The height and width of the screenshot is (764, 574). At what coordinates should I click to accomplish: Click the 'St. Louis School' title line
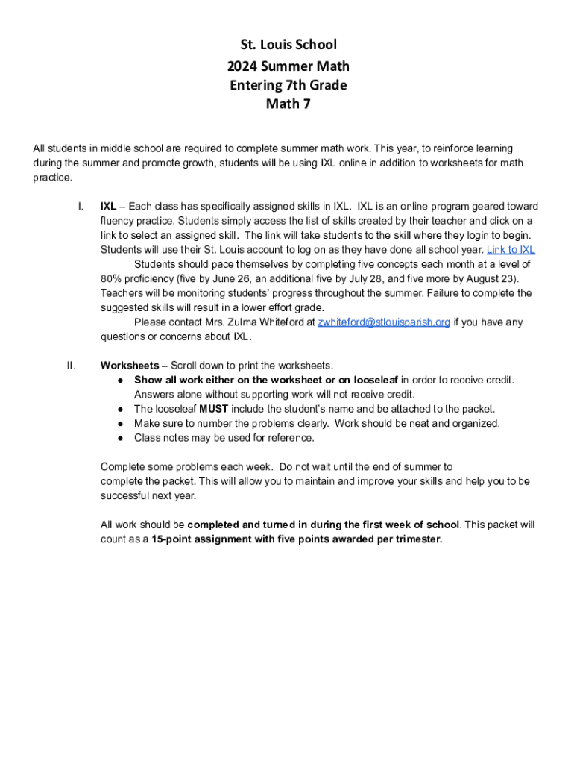click(288, 46)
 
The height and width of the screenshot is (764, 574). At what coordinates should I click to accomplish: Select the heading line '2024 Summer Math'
click(288, 66)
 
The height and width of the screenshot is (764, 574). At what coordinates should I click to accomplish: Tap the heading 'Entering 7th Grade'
click(288, 85)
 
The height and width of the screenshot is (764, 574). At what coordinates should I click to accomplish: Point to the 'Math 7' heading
click(288, 104)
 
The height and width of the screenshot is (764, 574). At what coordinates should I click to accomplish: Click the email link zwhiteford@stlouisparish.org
click(384, 322)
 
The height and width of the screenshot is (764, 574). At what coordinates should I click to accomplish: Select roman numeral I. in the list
click(80, 207)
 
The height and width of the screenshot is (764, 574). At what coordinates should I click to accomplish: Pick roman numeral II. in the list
click(72, 366)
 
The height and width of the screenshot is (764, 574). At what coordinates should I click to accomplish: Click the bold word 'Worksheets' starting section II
click(130, 366)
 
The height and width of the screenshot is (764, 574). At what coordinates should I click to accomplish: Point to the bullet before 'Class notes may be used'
click(120, 438)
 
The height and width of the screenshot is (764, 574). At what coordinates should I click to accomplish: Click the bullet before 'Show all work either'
click(120, 381)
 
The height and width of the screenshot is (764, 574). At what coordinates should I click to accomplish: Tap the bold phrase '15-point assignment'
click(198, 539)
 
